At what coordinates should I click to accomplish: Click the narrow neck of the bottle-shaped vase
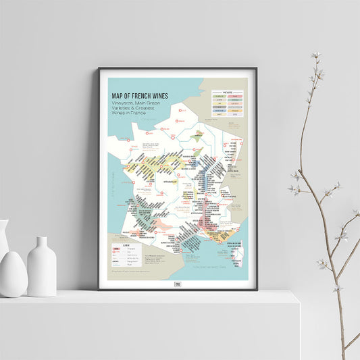point(42,243)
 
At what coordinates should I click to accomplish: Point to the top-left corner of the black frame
point(99,69)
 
